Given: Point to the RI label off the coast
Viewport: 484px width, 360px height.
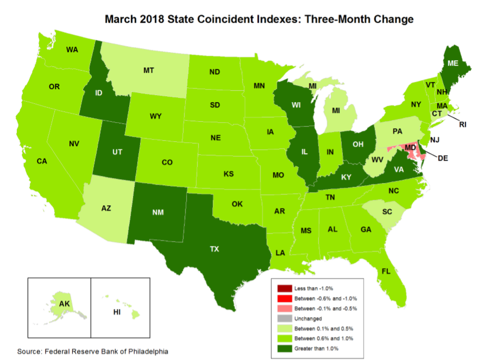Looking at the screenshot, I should [462, 124].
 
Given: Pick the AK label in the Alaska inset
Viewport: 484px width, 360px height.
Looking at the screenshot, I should [65, 304].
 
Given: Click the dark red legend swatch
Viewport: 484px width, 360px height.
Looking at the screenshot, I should [285, 288].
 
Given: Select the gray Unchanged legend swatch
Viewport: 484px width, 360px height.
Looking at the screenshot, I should [285, 319].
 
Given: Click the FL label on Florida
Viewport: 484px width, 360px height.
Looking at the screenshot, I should [386, 270].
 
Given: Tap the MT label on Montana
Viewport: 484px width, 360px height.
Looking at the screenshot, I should [147, 70].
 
